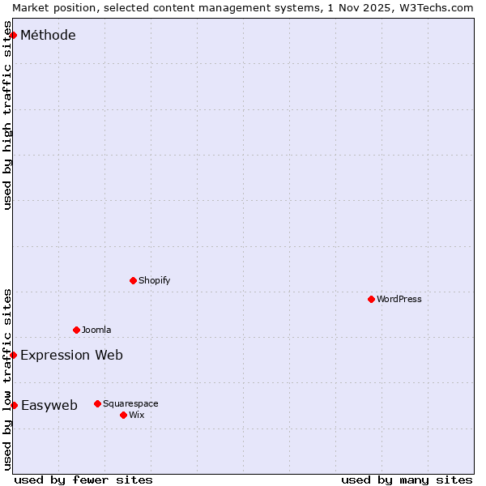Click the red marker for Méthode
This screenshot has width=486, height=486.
(x=14, y=35)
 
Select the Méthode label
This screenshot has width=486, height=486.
(x=48, y=35)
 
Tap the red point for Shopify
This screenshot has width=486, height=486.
(x=134, y=280)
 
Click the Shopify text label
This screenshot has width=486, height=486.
(x=154, y=280)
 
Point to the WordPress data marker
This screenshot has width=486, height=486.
(x=372, y=299)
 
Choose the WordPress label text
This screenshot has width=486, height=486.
(x=399, y=299)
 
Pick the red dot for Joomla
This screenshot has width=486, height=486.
(x=77, y=330)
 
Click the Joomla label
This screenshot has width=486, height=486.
(x=96, y=330)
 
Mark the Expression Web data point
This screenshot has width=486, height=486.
(x=14, y=355)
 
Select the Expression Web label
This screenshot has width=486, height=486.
(x=71, y=355)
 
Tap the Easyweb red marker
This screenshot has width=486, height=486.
(x=14, y=405)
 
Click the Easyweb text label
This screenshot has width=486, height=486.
(x=49, y=405)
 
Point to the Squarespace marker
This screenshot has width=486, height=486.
(x=98, y=403)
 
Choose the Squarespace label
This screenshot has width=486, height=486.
(x=130, y=403)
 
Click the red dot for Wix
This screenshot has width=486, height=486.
(x=124, y=415)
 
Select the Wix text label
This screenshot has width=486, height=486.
(x=136, y=415)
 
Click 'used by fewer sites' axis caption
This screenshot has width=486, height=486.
(x=83, y=480)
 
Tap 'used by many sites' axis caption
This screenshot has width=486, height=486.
(x=407, y=480)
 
